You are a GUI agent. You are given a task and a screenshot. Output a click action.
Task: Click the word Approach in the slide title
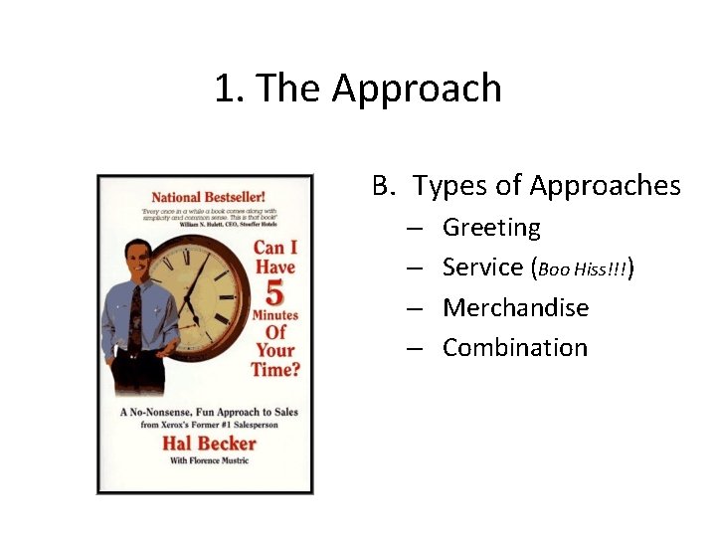coord(417,89)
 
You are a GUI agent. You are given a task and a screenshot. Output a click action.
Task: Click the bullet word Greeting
coord(491,228)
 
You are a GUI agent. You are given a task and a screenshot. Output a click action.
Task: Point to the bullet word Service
coord(482,268)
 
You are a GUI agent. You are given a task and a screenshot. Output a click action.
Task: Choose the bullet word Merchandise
coord(515,308)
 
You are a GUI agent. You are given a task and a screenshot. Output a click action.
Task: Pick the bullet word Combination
coord(515,348)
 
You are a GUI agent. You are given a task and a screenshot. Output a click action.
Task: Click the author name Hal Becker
coord(209,443)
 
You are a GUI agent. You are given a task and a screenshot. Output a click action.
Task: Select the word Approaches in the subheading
coord(605,186)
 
